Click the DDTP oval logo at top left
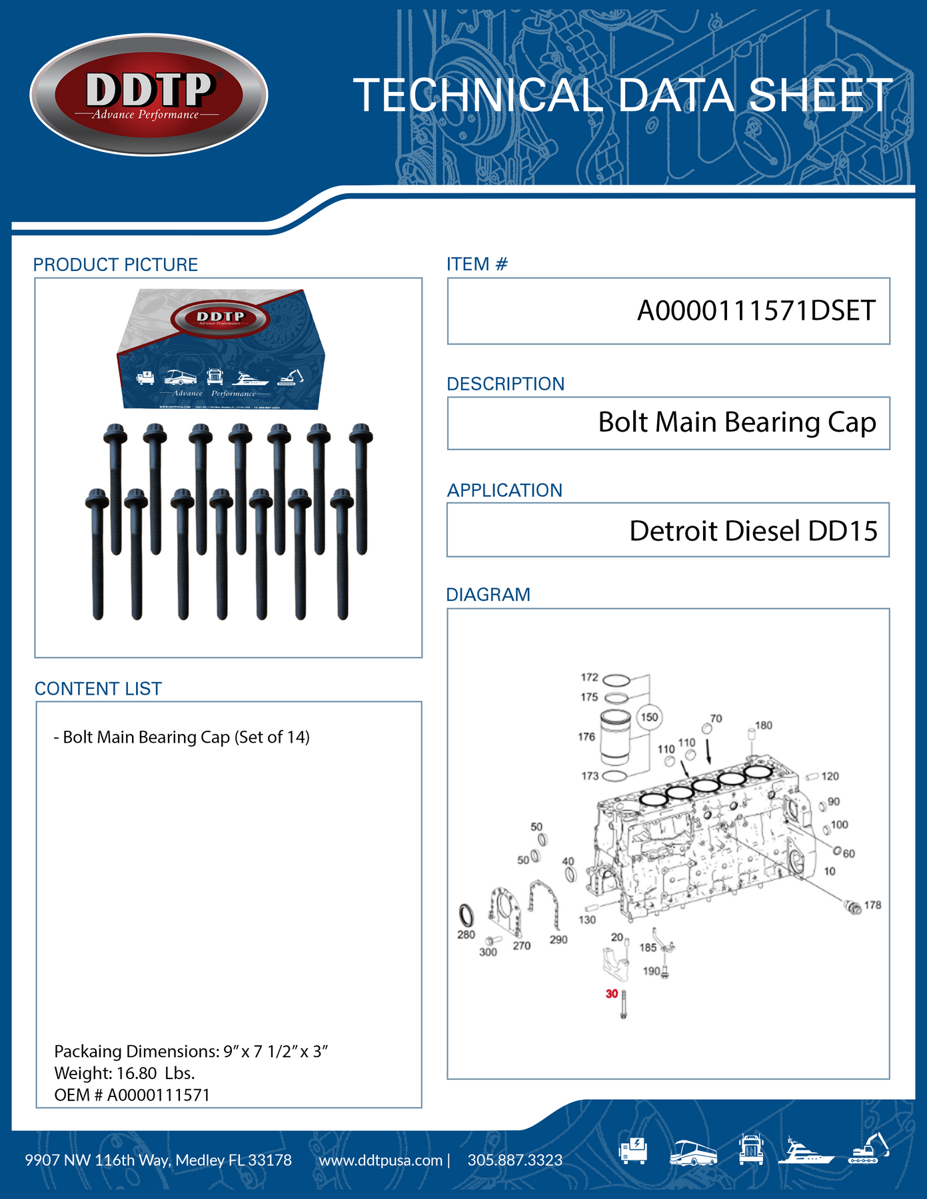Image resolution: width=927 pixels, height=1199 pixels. pos(149,95)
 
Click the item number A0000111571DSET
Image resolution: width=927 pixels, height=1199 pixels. pos(756,311)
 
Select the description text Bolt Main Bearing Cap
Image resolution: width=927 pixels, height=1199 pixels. pos(736,422)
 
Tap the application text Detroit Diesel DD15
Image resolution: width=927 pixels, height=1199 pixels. pos(753,531)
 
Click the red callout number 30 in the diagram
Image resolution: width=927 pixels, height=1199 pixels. pos(612,994)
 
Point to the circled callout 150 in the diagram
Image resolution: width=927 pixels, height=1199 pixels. pos(649,717)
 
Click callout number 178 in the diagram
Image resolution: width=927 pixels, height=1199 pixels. pos(872,905)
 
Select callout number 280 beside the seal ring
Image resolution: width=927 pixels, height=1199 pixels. pos(466,935)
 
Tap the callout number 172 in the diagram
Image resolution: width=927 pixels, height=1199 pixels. pos(589,677)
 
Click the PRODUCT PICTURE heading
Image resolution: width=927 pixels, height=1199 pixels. pos(115,265)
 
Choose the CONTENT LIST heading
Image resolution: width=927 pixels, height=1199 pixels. pos(98,689)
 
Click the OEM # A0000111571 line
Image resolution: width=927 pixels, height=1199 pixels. pos(132,1095)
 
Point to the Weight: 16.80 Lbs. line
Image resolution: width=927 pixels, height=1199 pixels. pos(125,1073)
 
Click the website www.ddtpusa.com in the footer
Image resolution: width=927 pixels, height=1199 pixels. pos(381,1160)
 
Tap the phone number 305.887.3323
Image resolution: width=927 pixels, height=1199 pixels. pos(514,1160)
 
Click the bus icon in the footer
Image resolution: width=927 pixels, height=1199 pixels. pos(693,1152)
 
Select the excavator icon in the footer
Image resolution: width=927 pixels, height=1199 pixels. pos(869,1149)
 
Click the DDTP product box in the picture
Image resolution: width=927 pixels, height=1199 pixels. pos(221,350)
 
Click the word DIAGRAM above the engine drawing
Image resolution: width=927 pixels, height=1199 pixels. pos(488,595)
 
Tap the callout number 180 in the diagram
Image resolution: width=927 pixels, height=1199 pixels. pos(764,725)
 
